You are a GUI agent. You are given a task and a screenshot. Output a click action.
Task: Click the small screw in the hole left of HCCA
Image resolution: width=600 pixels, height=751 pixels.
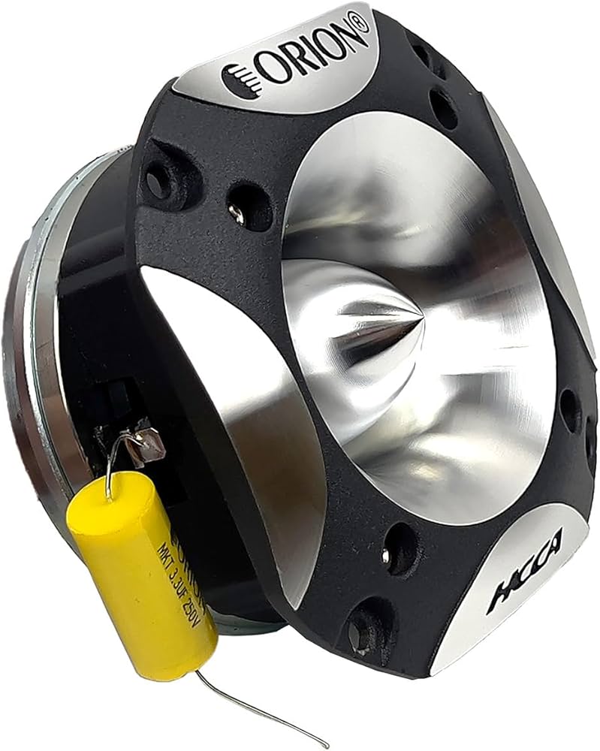387,556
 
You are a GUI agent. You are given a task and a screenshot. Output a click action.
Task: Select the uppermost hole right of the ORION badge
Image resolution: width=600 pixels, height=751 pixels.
421,57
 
